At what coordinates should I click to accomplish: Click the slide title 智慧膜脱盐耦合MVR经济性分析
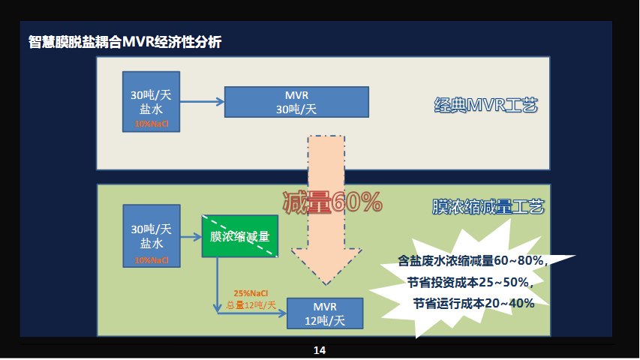point(125,42)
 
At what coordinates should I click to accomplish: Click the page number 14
point(320,350)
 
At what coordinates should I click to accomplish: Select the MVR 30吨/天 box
point(296,102)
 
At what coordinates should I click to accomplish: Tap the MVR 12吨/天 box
point(325,313)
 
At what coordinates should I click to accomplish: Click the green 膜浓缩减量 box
point(240,236)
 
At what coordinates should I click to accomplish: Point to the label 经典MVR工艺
point(485,105)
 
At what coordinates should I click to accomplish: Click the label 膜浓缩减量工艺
point(488,207)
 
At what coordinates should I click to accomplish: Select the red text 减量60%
point(332,202)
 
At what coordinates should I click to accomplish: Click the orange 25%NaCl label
point(251,293)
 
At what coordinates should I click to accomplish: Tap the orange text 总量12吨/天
point(251,305)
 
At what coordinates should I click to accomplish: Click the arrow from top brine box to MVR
point(202,102)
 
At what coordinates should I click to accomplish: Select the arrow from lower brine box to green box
point(191,237)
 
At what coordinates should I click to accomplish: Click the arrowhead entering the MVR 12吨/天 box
point(282,313)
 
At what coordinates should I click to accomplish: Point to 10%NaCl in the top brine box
point(151,124)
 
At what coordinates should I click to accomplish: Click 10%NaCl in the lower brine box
point(152,260)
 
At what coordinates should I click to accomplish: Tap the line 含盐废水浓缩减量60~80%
point(473,260)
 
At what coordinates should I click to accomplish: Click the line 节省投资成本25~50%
point(470,282)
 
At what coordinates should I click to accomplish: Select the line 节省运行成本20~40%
point(473,303)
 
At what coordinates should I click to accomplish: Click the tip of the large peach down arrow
point(326,284)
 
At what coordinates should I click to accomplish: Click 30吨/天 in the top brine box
point(151,95)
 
